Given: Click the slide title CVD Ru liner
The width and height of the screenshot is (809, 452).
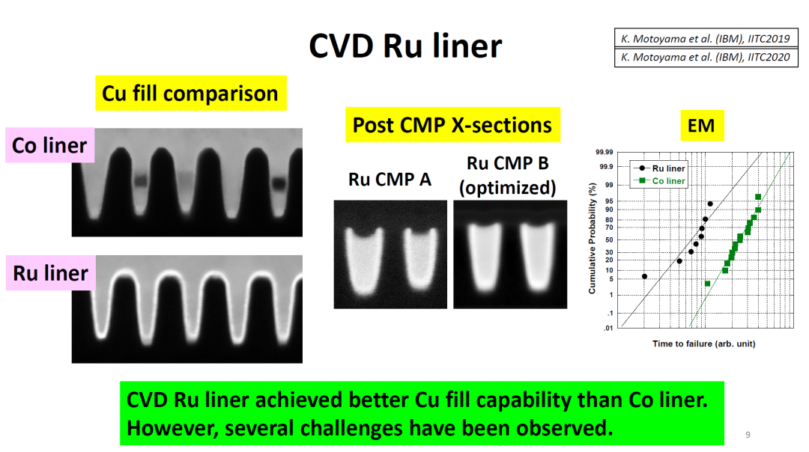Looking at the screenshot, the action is coord(405,46).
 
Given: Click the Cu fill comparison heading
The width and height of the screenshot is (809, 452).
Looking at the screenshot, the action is coord(190,94).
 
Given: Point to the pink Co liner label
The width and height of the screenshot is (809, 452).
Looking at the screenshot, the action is coord(50,145).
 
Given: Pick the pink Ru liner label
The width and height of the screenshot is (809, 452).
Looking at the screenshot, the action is coord(50,273).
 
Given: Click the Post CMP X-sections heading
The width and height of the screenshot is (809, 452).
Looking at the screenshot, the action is coord(452,124).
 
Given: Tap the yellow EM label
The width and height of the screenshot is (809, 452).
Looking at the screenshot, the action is coord(701,126).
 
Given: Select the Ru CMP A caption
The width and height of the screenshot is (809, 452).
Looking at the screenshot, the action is coord(390,180).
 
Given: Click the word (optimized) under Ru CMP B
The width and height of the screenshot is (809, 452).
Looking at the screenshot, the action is coord(507,187).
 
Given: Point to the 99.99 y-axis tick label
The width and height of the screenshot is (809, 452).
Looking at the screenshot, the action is coord(603,152).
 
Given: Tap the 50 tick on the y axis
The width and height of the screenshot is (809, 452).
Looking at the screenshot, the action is coord(608,239).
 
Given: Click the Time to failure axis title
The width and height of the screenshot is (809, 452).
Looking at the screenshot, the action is coord(703,343).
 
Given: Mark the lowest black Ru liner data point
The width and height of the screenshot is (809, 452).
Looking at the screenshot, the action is coord(644,276).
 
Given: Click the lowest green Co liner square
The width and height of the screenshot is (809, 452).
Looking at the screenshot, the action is coord(707,284).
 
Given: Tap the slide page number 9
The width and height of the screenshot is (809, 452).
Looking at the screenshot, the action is coord(748,435).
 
